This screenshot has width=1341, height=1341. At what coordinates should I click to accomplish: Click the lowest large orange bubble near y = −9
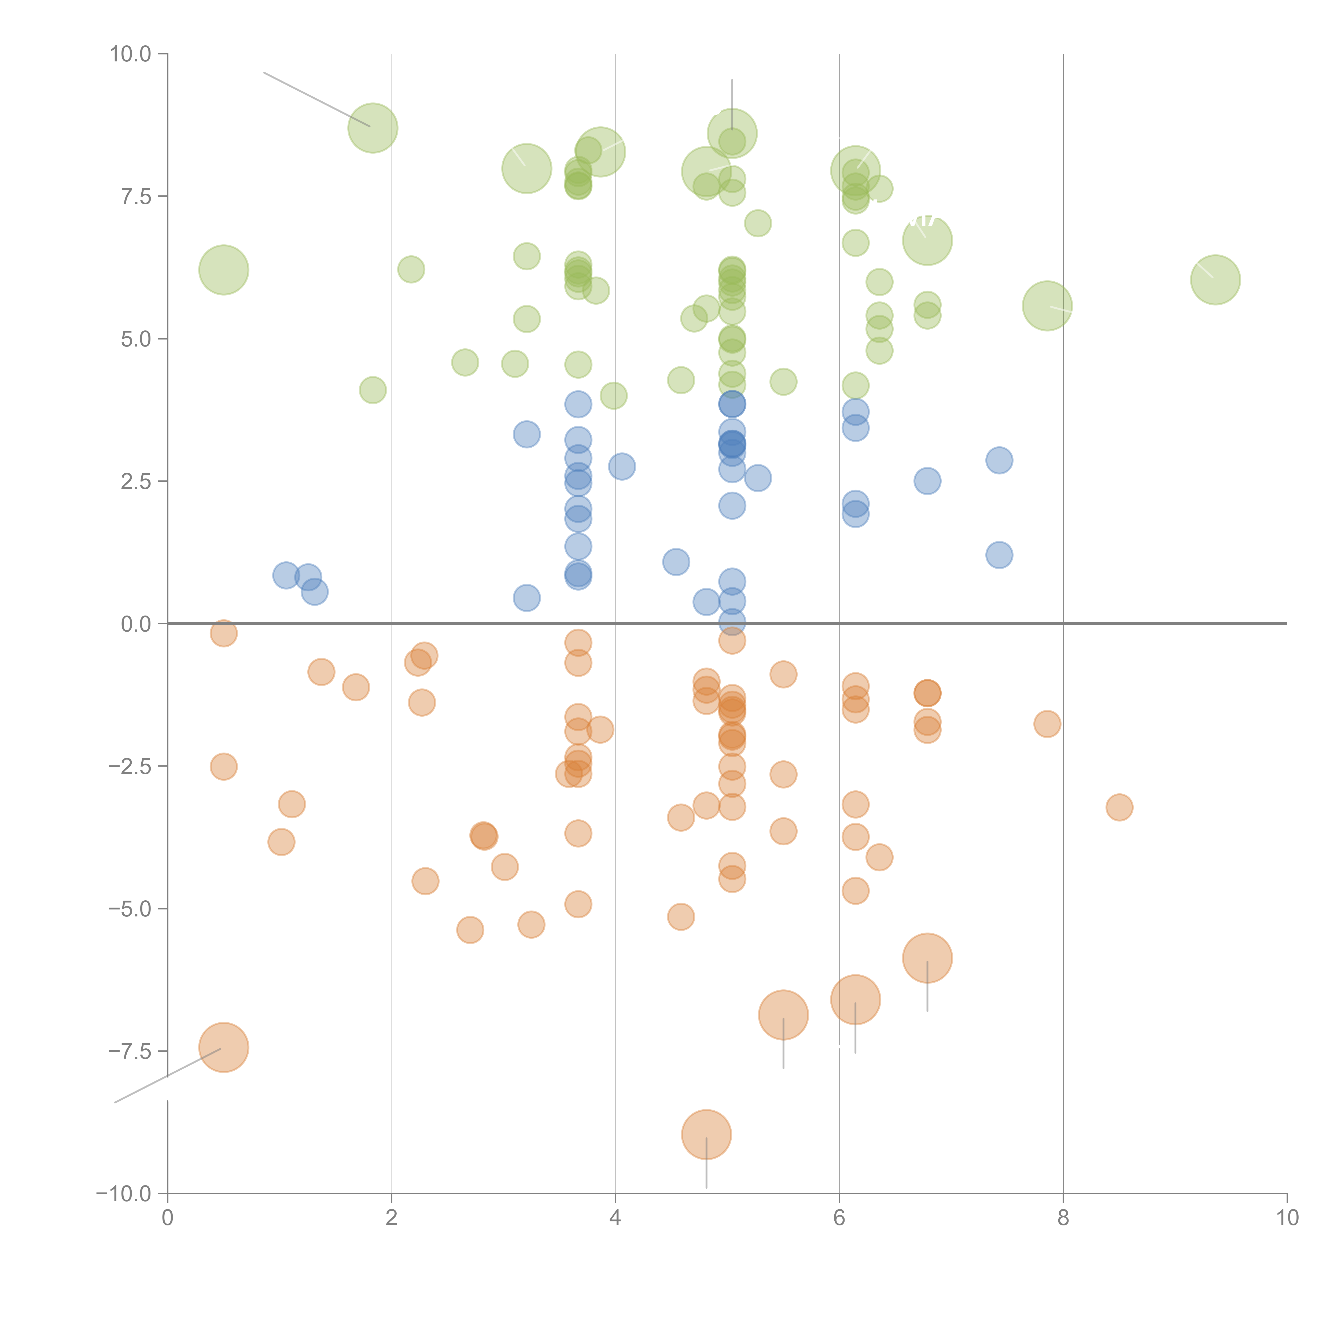point(706,1134)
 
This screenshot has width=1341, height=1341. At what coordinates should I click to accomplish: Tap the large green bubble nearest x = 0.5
point(223,269)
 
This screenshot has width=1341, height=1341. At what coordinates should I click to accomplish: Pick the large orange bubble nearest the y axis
point(223,1047)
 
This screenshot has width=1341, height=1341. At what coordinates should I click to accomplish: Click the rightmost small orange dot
point(1119,807)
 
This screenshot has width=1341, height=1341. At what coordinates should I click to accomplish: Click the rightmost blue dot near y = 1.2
point(999,555)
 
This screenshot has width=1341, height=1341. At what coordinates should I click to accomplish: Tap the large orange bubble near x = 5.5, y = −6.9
point(783,1015)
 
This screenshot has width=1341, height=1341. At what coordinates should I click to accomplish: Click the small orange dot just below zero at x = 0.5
point(223,633)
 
